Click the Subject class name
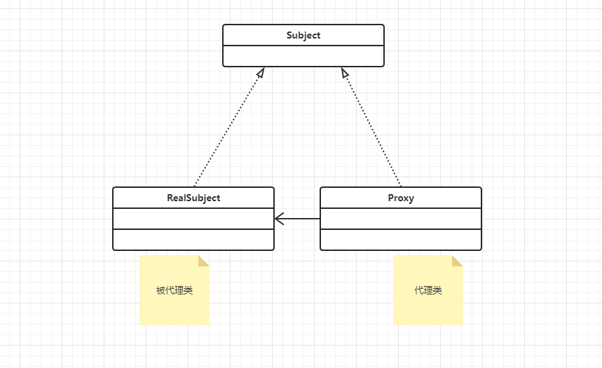tap(303, 35)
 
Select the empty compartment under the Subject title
tap(303, 56)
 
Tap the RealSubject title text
tap(193, 198)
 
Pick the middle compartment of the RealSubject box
tap(193, 219)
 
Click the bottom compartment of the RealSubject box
tap(193, 240)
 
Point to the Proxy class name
tap(401, 198)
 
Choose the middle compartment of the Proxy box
tap(401, 219)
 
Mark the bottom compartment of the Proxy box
tap(401, 240)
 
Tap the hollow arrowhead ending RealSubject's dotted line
tap(261, 71)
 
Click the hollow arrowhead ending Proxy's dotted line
tap(344, 71)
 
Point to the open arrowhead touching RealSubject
tap(279, 219)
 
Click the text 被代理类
tap(175, 290)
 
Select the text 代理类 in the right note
tap(428, 290)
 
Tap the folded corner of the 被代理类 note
tap(204, 261)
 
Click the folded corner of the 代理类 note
tap(458, 261)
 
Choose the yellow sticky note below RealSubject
tap(175, 308)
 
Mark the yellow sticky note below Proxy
tap(428, 308)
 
